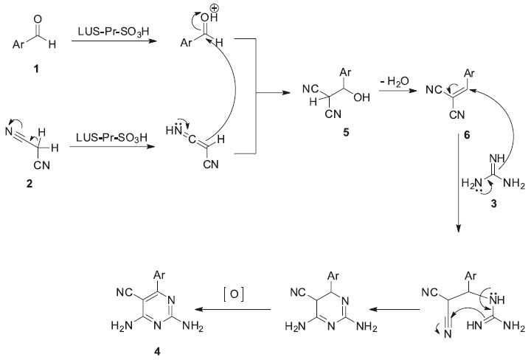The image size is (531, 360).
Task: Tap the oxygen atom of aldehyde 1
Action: point(37,12)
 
